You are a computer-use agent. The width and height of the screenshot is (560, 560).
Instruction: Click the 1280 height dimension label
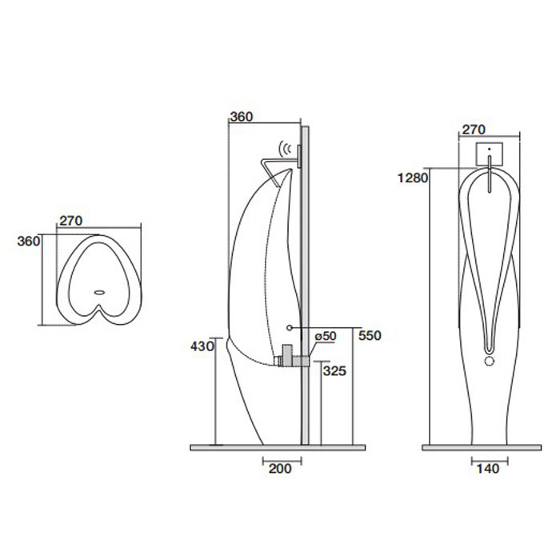click(x=413, y=178)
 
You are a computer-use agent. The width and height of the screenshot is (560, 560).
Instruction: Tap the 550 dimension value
click(x=370, y=336)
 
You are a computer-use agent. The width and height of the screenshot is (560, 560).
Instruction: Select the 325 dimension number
click(x=334, y=371)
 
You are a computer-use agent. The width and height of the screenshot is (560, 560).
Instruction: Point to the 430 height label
click(x=202, y=346)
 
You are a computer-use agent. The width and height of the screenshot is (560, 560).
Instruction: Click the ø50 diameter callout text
click(x=326, y=336)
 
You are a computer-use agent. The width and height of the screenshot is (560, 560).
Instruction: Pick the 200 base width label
click(x=280, y=469)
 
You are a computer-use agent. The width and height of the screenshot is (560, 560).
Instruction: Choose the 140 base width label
click(x=488, y=469)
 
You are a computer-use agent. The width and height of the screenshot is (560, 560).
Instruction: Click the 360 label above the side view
click(x=241, y=117)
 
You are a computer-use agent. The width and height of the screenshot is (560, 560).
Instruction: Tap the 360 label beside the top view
click(x=29, y=242)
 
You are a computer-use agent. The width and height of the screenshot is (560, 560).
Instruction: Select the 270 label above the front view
click(x=474, y=130)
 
